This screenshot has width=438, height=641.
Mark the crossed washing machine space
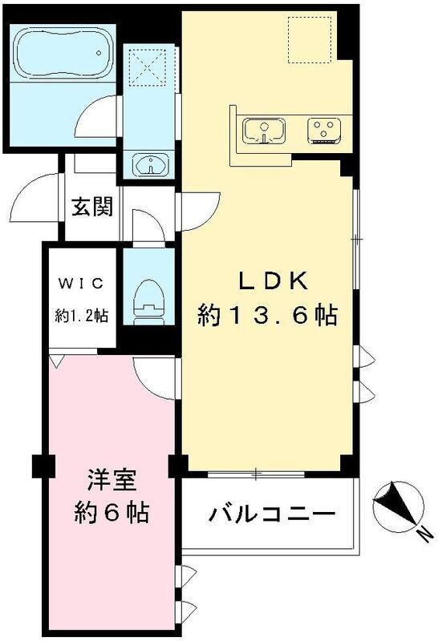click(147, 67)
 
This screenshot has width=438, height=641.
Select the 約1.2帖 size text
click(81, 315)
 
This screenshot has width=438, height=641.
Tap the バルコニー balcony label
click(272, 513)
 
